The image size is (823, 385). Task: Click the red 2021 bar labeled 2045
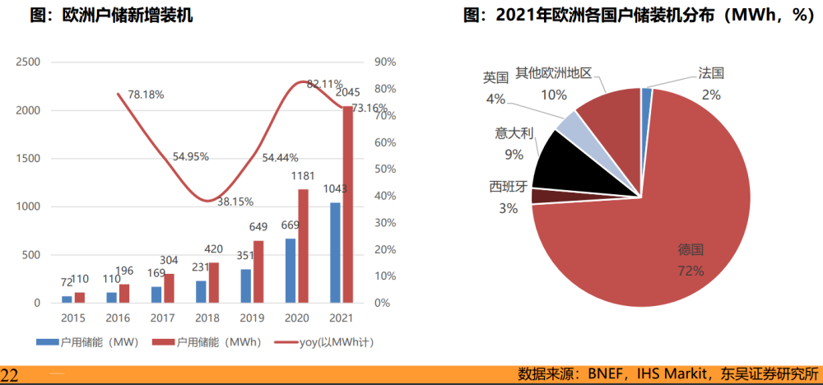(347, 206)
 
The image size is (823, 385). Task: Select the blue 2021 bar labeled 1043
(335, 253)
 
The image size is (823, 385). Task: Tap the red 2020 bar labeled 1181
(303, 247)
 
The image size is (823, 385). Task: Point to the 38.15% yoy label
(235, 202)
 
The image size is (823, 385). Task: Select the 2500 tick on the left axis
(28, 62)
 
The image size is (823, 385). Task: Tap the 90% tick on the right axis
(385, 62)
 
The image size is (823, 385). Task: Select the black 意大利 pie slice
(560, 160)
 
